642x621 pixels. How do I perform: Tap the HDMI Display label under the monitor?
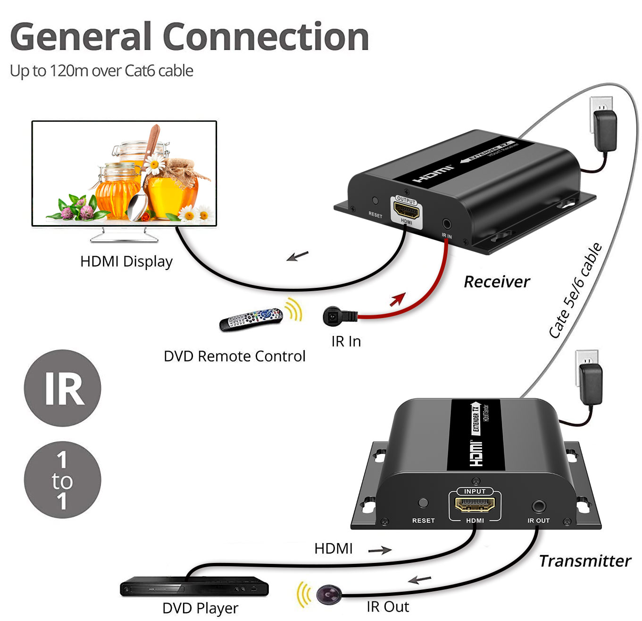click(126, 261)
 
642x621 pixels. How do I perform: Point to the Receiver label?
click(497, 282)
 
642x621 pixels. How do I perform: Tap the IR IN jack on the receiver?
click(446, 224)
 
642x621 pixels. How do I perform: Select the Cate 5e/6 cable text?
click(575, 290)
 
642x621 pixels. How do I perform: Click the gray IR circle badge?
click(62, 388)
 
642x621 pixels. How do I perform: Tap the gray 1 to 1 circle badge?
click(62, 480)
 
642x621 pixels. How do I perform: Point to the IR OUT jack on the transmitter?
click(538, 507)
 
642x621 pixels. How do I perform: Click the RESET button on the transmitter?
click(423, 503)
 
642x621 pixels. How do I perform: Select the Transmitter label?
click(584, 561)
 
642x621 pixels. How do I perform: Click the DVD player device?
click(194, 587)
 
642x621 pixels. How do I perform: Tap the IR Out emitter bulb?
click(329, 594)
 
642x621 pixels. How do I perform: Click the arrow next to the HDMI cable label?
click(380, 550)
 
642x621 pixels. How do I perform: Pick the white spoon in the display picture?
click(137, 207)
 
